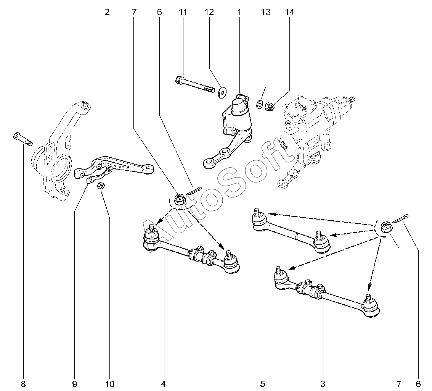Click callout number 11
183,12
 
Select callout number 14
289,12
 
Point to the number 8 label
23,384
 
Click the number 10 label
110,384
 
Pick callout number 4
163,384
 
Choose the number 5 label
263,384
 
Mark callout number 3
323,384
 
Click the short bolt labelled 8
23,139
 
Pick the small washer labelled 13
259,104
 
